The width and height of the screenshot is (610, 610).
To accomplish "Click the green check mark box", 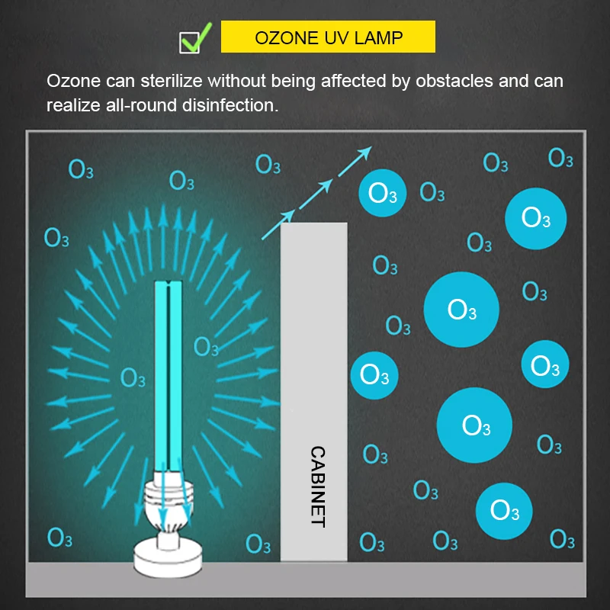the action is (190, 40).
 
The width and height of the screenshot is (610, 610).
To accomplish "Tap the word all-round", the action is (135, 105).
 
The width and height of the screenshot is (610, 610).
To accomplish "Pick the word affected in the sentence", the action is (340, 81).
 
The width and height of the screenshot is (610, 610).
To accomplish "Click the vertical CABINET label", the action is (317, 486).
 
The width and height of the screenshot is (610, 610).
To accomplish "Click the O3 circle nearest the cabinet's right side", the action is (374, 374).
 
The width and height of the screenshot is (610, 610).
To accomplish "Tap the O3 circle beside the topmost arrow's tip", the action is (383, 193).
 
